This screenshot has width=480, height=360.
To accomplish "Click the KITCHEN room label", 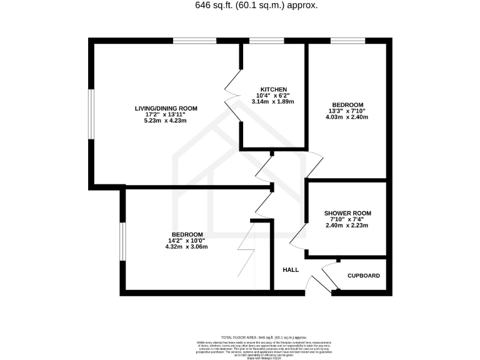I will [273, 88].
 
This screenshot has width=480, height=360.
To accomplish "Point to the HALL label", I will [290, 270].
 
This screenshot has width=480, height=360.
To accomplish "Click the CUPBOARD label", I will [363, 276].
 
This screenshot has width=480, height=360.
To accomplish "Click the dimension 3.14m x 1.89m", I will [273, 101].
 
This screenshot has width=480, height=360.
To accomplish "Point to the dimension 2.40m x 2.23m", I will [347, 226].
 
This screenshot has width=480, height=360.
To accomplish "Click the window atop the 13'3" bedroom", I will [349, 41].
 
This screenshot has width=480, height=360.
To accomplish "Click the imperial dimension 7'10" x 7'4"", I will [347, 219].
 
